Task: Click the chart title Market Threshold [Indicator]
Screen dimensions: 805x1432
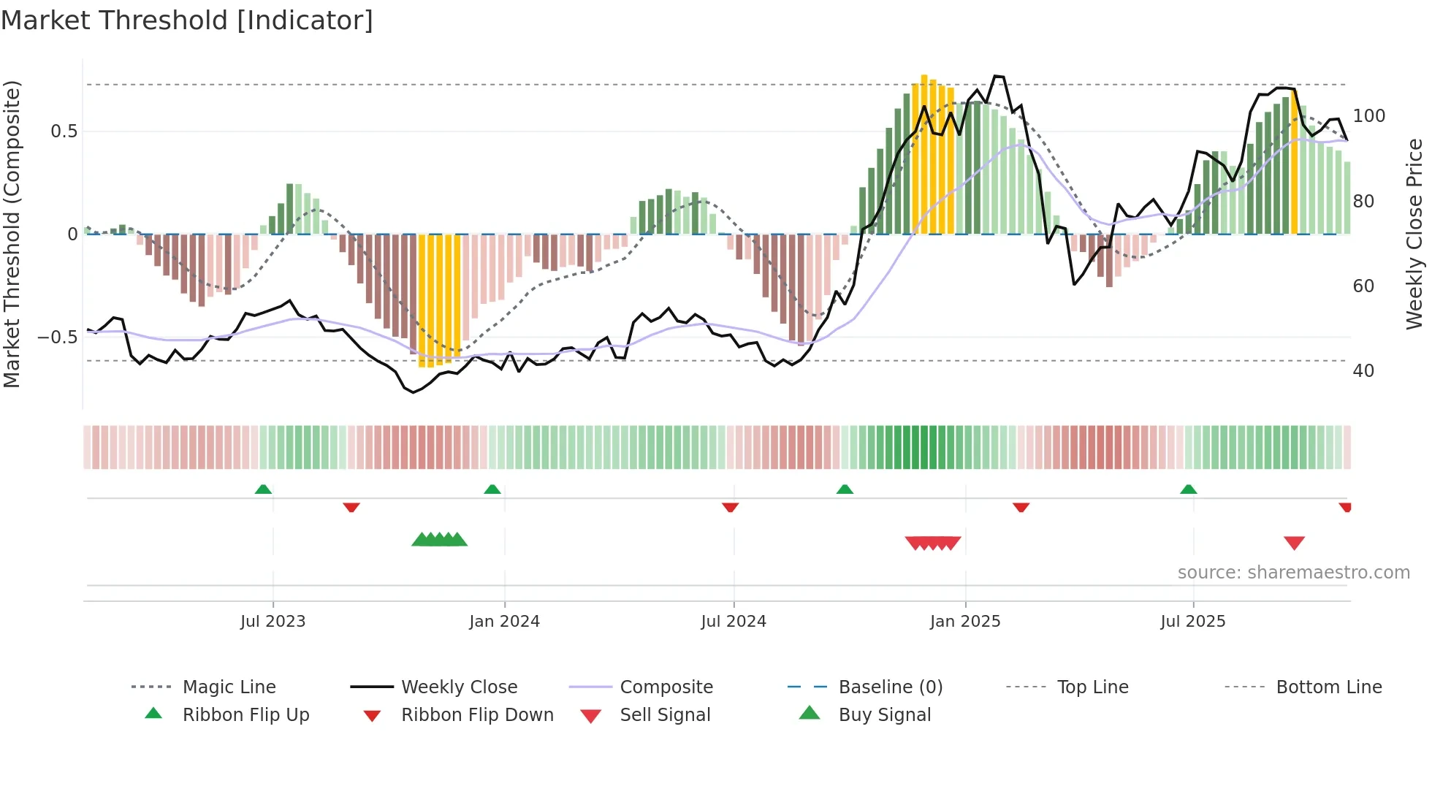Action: (187, 20)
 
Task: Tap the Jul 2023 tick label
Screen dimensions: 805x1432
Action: (273, 622)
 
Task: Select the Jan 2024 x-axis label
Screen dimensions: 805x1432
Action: (504, 622)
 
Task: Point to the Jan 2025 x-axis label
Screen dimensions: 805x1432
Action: (964, 622)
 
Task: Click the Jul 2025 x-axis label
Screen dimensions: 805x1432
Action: (1192, 622)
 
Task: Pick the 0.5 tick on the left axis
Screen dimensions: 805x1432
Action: (64, 131)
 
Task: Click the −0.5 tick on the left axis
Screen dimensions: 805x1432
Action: (58, 337)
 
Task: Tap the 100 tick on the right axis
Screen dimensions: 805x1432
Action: (1368, 116)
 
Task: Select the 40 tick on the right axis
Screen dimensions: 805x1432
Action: (1363, 371)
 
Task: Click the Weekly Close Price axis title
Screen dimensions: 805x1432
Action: (1414, 234)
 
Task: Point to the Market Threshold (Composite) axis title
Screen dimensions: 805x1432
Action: (12, 234)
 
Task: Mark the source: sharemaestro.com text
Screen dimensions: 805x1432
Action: (1293, 573)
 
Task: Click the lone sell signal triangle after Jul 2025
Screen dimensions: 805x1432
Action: (1294, 543)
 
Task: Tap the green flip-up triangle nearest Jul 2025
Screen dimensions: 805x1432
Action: (1188, 489)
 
